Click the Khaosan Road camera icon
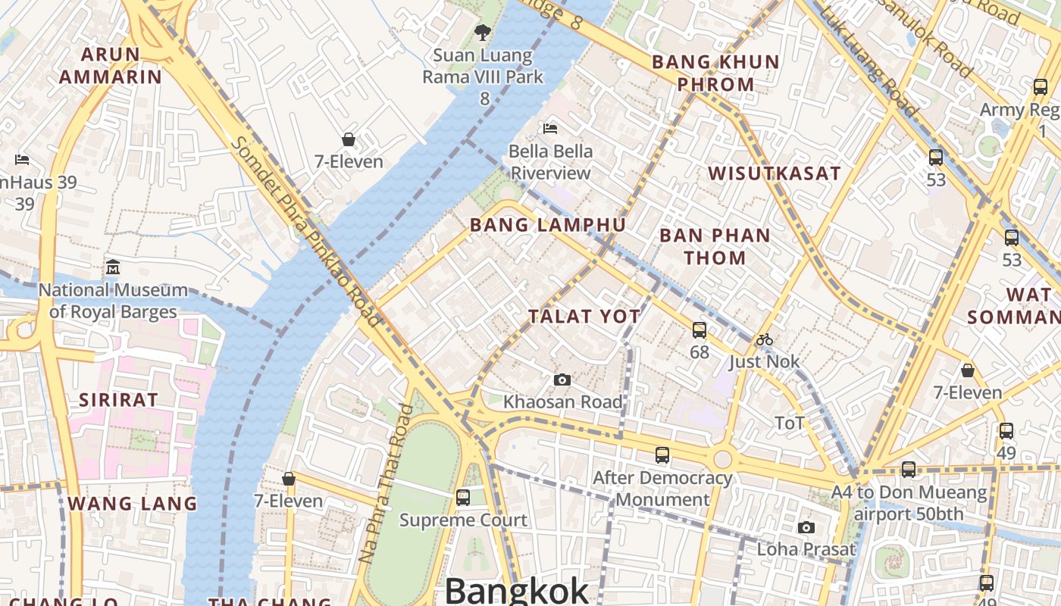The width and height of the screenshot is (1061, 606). pyautogui.click(x=562, y=380)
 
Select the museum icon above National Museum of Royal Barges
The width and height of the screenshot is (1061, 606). pyautogui.click(x=113, y=267)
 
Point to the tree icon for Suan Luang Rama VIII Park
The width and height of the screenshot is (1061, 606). pyautogui.click(x=482, y=32)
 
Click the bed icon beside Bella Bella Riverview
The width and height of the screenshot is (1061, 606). pyautogui.click(x=550, y=129)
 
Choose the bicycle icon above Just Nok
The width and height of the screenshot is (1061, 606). pyautogui.click(x=764, y=339)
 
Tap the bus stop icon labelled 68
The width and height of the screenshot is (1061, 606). pyautogui.click(x=699, y=330)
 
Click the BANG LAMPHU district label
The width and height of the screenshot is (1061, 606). pyautogui.click(x=548, y=225)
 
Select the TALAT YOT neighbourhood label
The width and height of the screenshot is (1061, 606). pyautogui.click(x=584, y=317)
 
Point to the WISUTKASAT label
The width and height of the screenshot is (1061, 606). pyautogui.click(x=775, y=173)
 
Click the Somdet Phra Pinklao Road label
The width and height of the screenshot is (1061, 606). pyautogui.click(x=306, y=232)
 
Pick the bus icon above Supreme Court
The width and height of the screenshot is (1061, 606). pyautogui.click(x=462, y=498)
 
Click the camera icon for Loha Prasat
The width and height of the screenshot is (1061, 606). pyautogui.click(x=806, y=527)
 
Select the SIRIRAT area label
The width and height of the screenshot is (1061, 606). pyautogui.click(x=119, y=400)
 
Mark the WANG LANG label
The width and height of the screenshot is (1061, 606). pyautogui.click(x=133, y=504)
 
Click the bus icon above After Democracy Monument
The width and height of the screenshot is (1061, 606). pyautogui.click(x=662, y=455)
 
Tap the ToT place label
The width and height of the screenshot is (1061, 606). pyautogui.click(x=789, y=423)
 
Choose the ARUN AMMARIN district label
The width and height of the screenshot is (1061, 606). pyautogui.click(x=111, y=65)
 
